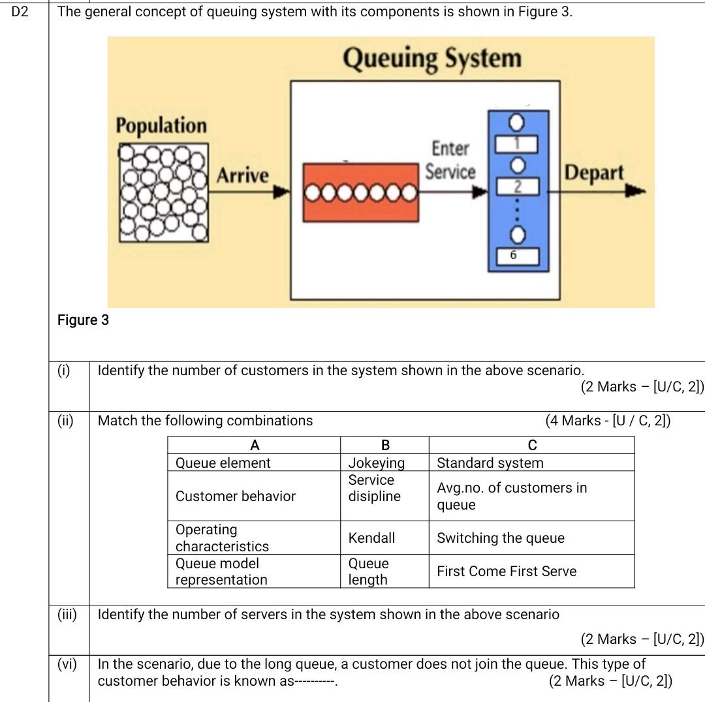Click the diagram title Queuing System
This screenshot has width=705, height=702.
click(432, 59)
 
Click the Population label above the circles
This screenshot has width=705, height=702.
click(161, 125)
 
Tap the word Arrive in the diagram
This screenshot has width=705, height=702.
click(242, 175)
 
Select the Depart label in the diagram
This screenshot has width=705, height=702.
click(594, 174)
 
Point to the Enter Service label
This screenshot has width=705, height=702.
click(450, 160)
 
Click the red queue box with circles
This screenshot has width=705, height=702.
click(360, 193)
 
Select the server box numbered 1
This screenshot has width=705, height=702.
click(518, 142)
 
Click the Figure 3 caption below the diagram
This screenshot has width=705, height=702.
click(84, 320)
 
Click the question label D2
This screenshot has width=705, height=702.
click(21, 11)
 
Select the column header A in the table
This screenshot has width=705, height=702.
click(255, 446)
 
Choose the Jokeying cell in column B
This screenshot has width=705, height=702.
click(376, 463)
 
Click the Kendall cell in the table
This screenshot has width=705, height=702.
click(371, 538)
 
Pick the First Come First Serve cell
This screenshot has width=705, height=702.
click(507, 572)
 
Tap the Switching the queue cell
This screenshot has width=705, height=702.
click(501, 538)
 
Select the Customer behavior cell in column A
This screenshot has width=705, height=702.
click(236, 496)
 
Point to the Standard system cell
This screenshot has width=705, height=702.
click(490, 463)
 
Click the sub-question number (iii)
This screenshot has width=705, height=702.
click(67, 615)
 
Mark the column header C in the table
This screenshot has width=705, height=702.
click(532, 446)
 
